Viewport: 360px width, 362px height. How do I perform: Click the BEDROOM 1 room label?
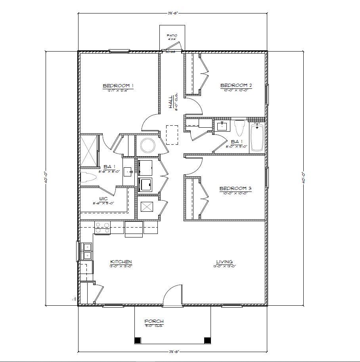point(118,86)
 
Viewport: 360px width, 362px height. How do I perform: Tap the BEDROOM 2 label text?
point(236,85)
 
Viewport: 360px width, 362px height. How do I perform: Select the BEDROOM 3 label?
point(236,188)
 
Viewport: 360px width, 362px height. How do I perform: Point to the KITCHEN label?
point(121,262)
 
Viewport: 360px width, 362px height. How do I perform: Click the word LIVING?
point(224,262)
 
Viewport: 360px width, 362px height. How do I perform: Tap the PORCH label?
point(154,321)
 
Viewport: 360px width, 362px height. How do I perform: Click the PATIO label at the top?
point(172,36)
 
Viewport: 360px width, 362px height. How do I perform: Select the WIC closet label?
point(103,199)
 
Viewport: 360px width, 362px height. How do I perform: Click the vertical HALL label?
point(170,102)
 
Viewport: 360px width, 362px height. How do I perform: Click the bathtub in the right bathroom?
point(257,137)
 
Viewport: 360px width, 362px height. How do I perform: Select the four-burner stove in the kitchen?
point(102,228)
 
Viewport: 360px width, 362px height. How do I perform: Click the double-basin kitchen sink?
point(86,251)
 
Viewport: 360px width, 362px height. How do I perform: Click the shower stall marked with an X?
point(89,151)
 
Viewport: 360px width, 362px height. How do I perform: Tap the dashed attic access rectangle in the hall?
point(172,135)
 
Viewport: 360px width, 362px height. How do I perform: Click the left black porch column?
point(138,340)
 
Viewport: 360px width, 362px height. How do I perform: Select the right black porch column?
point(207,340)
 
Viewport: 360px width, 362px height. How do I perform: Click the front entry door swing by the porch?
point(171,297)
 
